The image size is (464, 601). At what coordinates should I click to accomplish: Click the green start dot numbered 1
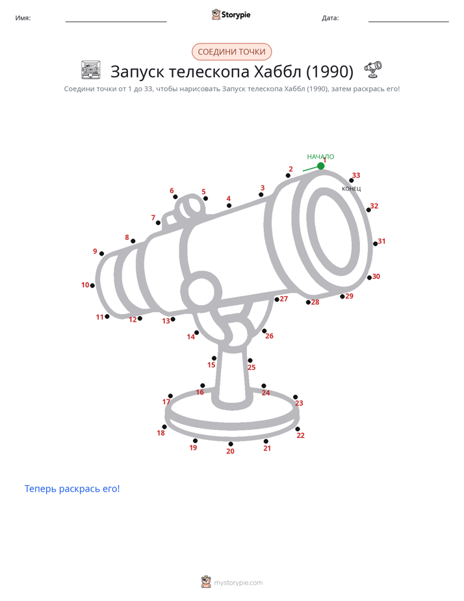click(x=321, y=166)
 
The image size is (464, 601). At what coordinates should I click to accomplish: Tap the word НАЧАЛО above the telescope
click(x=320, y=157)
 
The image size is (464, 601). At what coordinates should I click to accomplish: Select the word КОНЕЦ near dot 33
click(x=351, y=189)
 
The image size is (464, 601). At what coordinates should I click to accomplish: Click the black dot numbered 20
click(x=231, y=444)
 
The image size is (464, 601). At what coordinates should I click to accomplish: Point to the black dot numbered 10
click(x=92, y=286)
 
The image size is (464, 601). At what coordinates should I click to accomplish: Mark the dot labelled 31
click(x=376, y=244)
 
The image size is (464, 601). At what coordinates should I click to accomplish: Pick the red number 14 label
click(x=190, y=337)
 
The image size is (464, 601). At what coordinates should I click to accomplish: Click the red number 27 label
click(x=284, y=299)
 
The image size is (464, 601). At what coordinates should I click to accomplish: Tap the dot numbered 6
click(x=175, y=196)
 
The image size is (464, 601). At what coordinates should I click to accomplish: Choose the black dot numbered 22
click(x=298, y=429)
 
